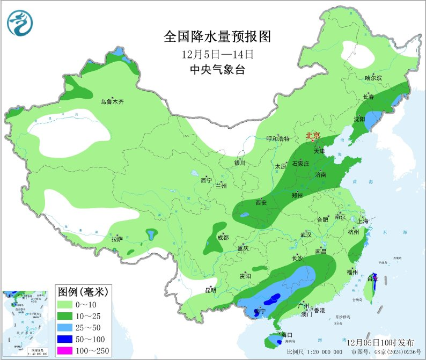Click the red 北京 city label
click(313, 136)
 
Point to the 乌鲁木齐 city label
click(112, 101)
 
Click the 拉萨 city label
click(117, 239)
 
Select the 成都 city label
click(223, 237)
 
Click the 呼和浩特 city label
click(278, 138)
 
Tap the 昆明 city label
click(210, 290)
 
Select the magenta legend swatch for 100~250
click(68, 351)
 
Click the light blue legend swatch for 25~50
click(68, 327)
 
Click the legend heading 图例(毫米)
click(83, 292)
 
